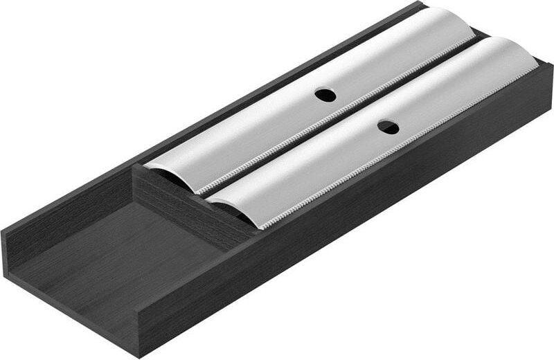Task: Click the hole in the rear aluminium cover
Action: click(324, 95)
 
